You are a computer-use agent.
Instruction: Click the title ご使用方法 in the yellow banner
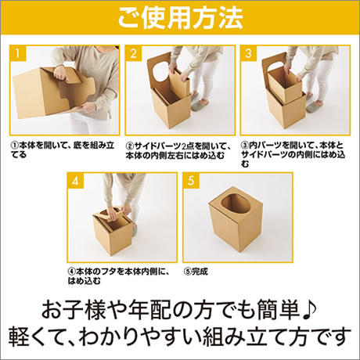pyautogui.click(x=181, y=17)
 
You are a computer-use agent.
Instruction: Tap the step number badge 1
pyautogui.click(x=18, y=53)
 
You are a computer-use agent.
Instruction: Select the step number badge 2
pyautogui.click(x=133, y=53)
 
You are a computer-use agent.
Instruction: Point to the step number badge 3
pyautogui.click(x=249, y=53)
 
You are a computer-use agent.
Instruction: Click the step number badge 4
pyautogui.click(x=75, y=181)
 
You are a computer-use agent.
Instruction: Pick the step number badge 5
pyautogui.click(x=191, y=181)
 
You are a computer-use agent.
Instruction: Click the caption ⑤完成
pyautogui.click(x=196, y=272)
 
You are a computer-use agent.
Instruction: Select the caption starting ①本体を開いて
pyautogui.click(x=63, y=149)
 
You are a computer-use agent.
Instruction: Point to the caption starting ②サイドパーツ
pyautogui.click(x=178, y=150)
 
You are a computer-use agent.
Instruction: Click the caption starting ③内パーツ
pyautogui.click(x=293, y=154)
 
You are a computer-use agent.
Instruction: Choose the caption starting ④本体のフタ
pyautogui.click(x=119, y=276)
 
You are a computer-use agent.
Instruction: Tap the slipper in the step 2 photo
pyautogui.click(x=200, y=105)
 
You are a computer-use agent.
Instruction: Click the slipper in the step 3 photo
pyautogui.click(x=315, y=106)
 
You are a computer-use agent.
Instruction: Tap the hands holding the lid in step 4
pyautogui.click(x=119, y=212)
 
